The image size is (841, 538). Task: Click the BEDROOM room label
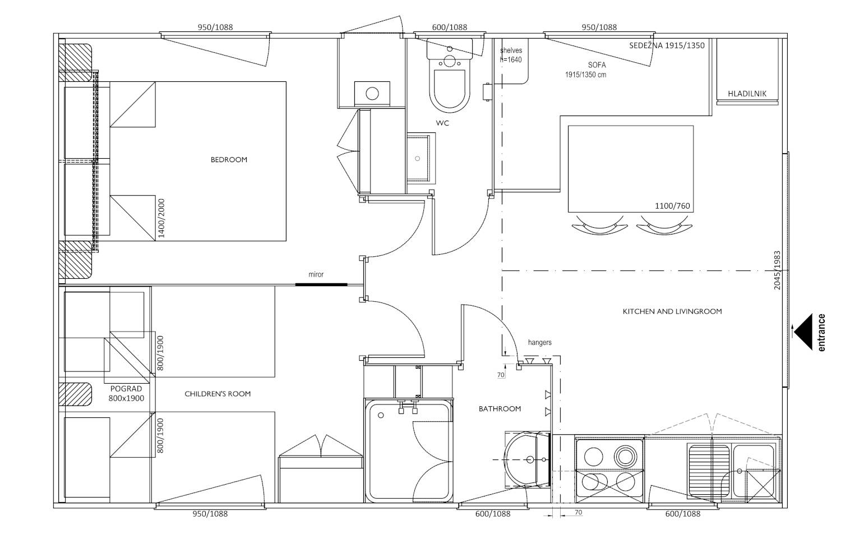(x=229, y=160)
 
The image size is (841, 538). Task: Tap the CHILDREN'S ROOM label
(x=218, y=394)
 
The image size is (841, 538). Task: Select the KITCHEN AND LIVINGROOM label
(x=672, y=311)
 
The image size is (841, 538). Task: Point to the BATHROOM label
(x=500, y=409)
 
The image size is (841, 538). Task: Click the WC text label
(x=442, y=123)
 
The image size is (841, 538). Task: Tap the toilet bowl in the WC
(x=450, y=88)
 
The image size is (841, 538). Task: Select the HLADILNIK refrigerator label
(x=747, y=94)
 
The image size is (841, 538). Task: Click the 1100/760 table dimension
(x=672, y=206)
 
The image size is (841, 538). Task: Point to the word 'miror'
(x=316, y=274)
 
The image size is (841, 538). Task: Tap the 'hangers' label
(x=539, y=342)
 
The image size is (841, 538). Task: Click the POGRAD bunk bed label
(x=126, y=389)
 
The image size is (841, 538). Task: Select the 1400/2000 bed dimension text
(x=161, y=218)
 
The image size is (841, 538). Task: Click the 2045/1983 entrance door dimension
(x=777, y=270)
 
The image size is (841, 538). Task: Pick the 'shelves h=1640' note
(x=511, y=55)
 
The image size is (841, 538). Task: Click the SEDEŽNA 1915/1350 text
(x=667, y=45)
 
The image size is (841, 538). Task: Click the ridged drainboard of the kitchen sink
(x=709, y=471)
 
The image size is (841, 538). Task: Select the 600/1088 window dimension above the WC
(x=450, y=27)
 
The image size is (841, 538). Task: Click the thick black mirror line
(x=321, y=285)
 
